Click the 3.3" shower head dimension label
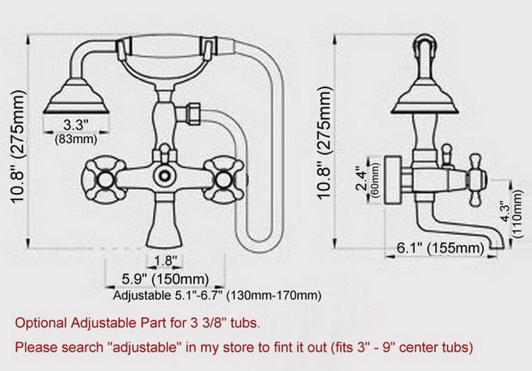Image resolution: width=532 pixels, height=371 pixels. coord(76,124)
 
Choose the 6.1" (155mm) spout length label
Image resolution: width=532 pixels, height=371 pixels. coord(439,248)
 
